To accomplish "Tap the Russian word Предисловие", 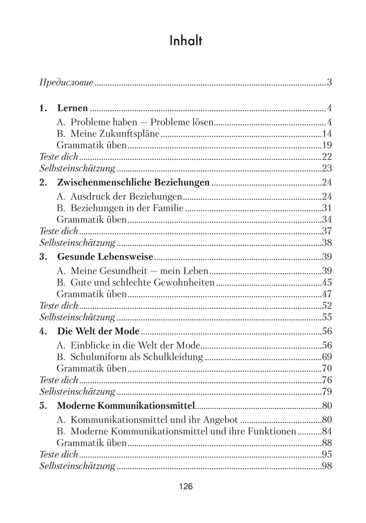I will (66, 83).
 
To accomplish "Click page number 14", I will (328, 133).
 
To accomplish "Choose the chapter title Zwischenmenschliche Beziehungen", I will (133, 183).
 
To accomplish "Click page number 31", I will (328, 208).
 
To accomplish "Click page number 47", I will (328, 294).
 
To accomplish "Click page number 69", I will (328, 357).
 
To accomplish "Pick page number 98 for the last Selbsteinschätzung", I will (328, 467).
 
